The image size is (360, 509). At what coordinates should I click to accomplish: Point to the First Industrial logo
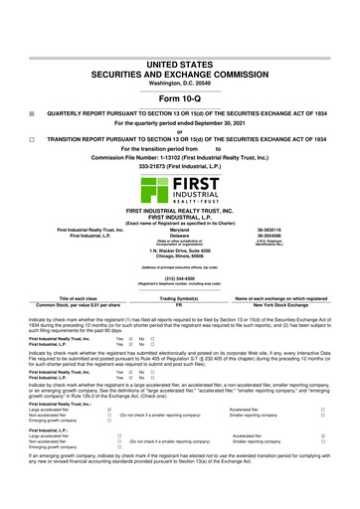tap(179, 183)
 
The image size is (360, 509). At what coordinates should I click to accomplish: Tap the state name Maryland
tap(179, 228)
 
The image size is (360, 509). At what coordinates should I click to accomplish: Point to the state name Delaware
tap(179, 234)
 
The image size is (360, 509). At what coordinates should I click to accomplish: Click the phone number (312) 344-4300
tap(179, 278)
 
